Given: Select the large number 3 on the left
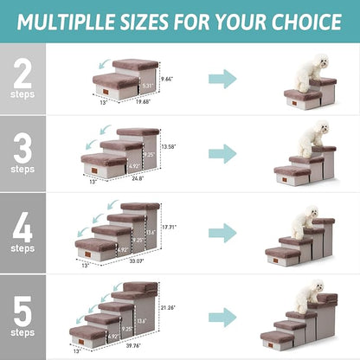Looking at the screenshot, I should [22, 148].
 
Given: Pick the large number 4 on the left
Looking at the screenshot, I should [22, 226].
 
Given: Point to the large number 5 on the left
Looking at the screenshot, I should [22, 304].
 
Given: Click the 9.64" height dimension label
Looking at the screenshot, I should [168, 78].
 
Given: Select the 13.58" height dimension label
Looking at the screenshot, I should [169, 148].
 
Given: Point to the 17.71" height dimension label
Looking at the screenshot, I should [170, 227].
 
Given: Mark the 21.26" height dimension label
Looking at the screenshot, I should [170, 305].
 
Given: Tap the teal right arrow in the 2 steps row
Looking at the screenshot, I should [222, 80].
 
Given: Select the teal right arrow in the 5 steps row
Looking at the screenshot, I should [222, 313].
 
